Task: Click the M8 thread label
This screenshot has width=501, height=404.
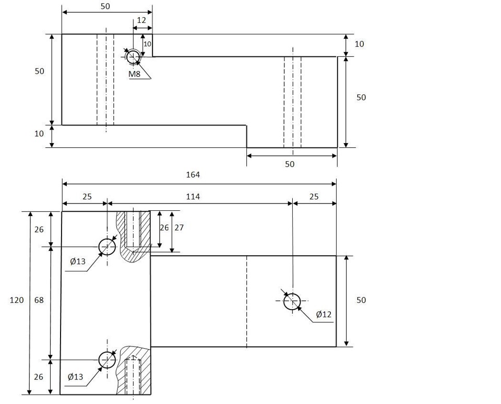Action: coord(134,74)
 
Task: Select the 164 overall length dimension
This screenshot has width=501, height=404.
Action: coord(193,174)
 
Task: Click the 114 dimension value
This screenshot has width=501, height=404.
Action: coord(193,197)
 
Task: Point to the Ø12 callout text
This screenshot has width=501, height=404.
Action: coord(324,315)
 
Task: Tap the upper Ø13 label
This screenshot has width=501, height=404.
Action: coord(78,262)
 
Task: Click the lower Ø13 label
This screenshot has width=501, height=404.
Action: coord(75,377)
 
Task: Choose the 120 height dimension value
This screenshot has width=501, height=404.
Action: coord(17,300)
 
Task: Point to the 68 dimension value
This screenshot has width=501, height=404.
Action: coord(39,300)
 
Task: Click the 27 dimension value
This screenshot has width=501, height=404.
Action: coord(179,228)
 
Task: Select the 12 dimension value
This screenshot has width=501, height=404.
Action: coord(141,20)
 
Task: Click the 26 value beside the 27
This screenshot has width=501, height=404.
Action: coord(164,228)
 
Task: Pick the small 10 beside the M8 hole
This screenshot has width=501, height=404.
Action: coord(147,44)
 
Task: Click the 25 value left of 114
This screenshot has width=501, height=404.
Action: coord(87,197)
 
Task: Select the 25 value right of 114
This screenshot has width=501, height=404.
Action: coord(314,197)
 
